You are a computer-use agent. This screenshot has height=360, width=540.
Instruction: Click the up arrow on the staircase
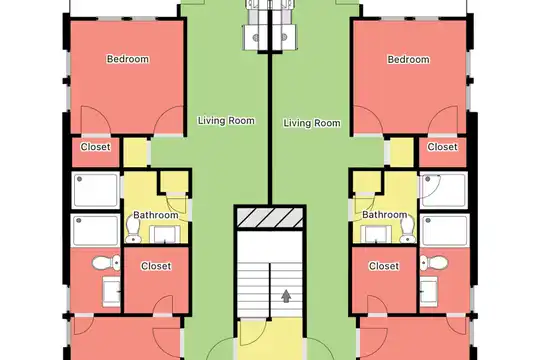point(286,296)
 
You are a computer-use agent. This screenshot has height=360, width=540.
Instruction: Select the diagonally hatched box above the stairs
point(270,217)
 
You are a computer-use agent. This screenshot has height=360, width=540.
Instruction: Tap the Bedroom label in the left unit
point(128,59)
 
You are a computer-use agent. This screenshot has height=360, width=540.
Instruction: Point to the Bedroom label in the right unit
point(408,59)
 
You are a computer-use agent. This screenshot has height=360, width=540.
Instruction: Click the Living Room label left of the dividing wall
point(226,121)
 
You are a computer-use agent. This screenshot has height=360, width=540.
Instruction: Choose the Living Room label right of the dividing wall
point(312,123)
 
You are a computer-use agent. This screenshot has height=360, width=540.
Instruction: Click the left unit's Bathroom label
point(156,215)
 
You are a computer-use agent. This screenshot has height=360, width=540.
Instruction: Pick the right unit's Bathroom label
point(385,215)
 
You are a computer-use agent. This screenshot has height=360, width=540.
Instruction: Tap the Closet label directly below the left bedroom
point(95,147)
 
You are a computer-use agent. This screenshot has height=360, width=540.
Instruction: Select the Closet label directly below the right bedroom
point(443,147)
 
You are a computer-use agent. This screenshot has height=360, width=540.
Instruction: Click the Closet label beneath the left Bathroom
point(156,266)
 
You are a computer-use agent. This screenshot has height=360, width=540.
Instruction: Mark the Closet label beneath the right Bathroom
point(384,266)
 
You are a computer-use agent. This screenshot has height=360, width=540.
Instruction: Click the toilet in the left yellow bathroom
point(133,230)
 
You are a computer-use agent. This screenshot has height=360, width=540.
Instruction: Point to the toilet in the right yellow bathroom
point(408,230)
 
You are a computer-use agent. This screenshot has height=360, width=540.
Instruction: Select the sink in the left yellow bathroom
point(165,235)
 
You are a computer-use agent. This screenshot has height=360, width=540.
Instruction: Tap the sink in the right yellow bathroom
point(376,235)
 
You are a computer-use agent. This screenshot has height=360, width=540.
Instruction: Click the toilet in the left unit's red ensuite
point(107,263)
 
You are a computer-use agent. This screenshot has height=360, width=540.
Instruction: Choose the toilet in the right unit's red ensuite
point(434,263)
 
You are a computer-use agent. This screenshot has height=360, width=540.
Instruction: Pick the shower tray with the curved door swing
point(444,191)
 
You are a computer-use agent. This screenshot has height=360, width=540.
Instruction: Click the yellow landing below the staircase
point(271,339)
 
